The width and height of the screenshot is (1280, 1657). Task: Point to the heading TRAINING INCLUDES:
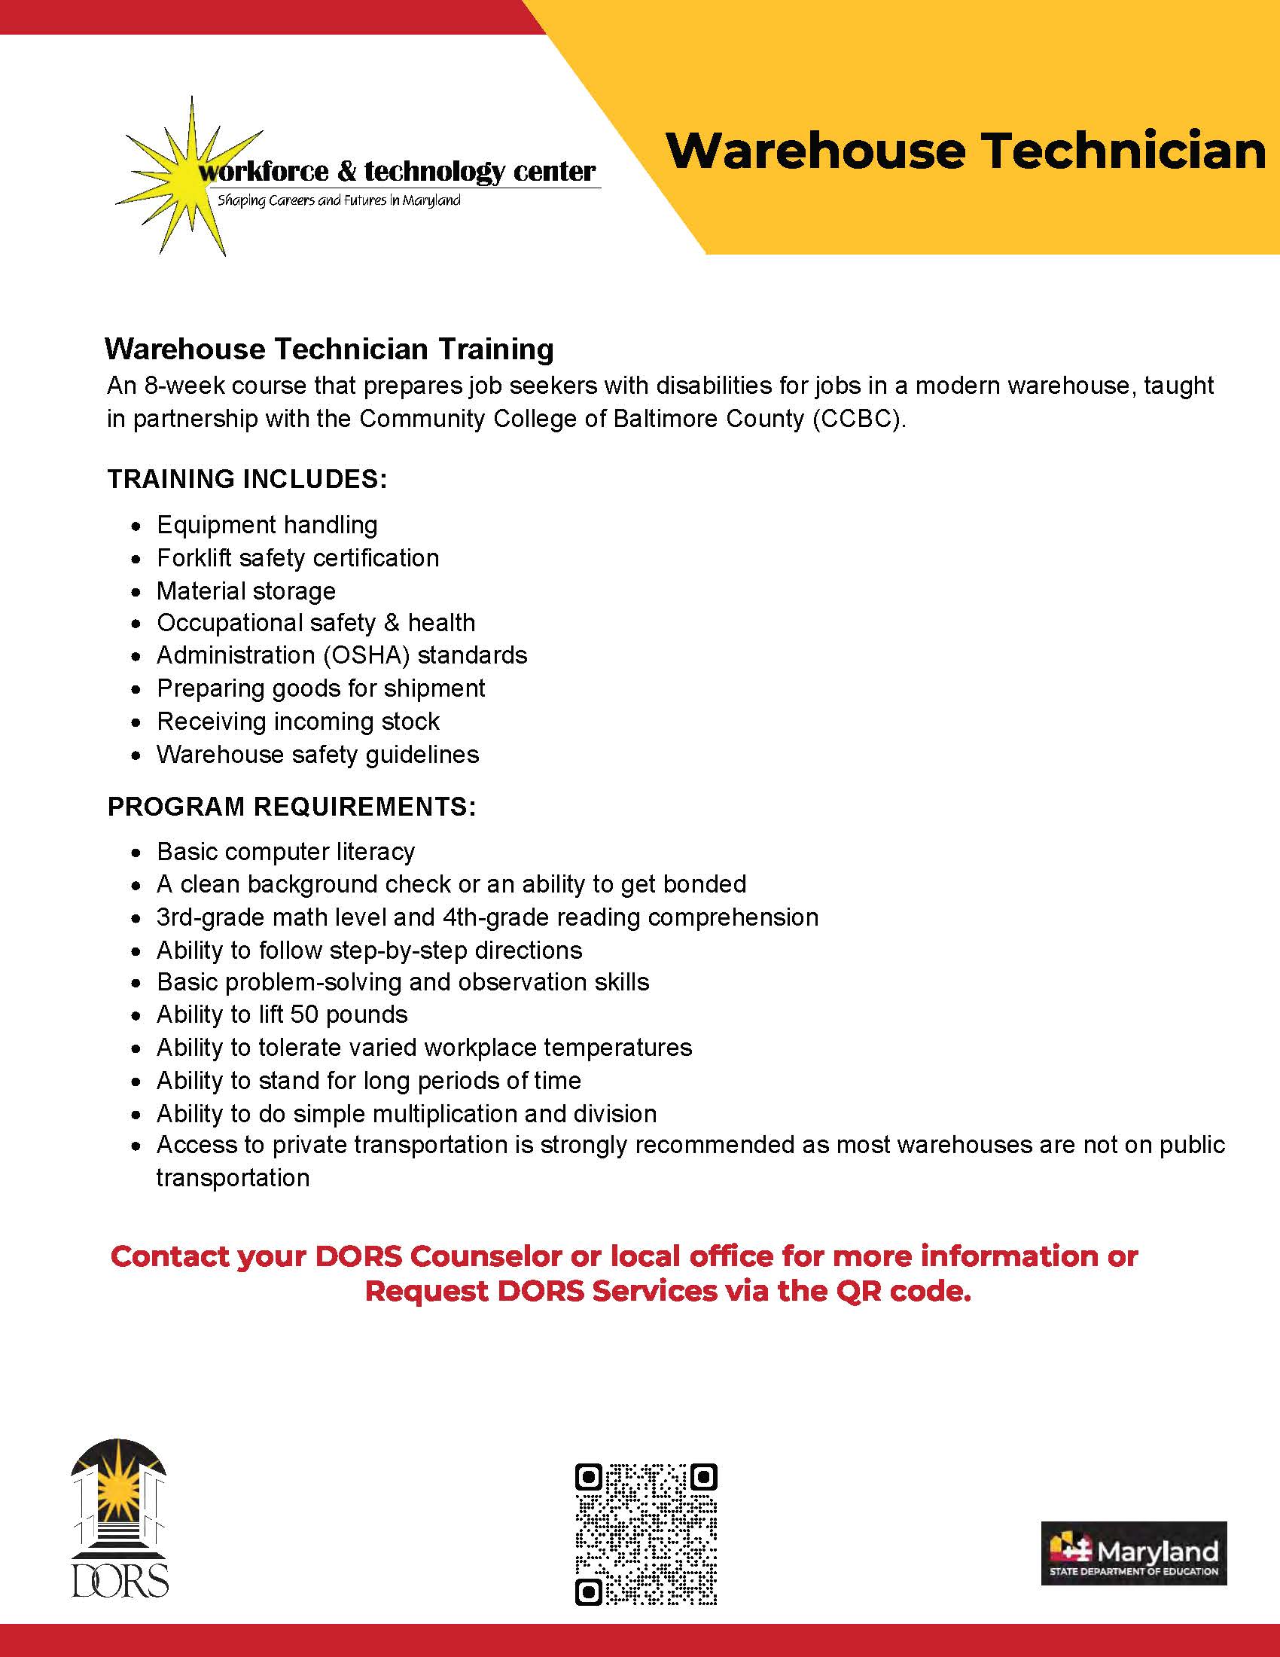click(x=247, y=479)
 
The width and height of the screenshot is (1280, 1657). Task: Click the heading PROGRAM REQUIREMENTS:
click(x=292, y=807)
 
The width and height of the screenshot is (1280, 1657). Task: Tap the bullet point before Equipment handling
click(x=136, y=526)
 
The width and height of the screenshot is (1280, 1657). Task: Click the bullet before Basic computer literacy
click(x=136, y=853)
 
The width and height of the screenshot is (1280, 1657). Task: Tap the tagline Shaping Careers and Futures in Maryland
click(x=339, y=201)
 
